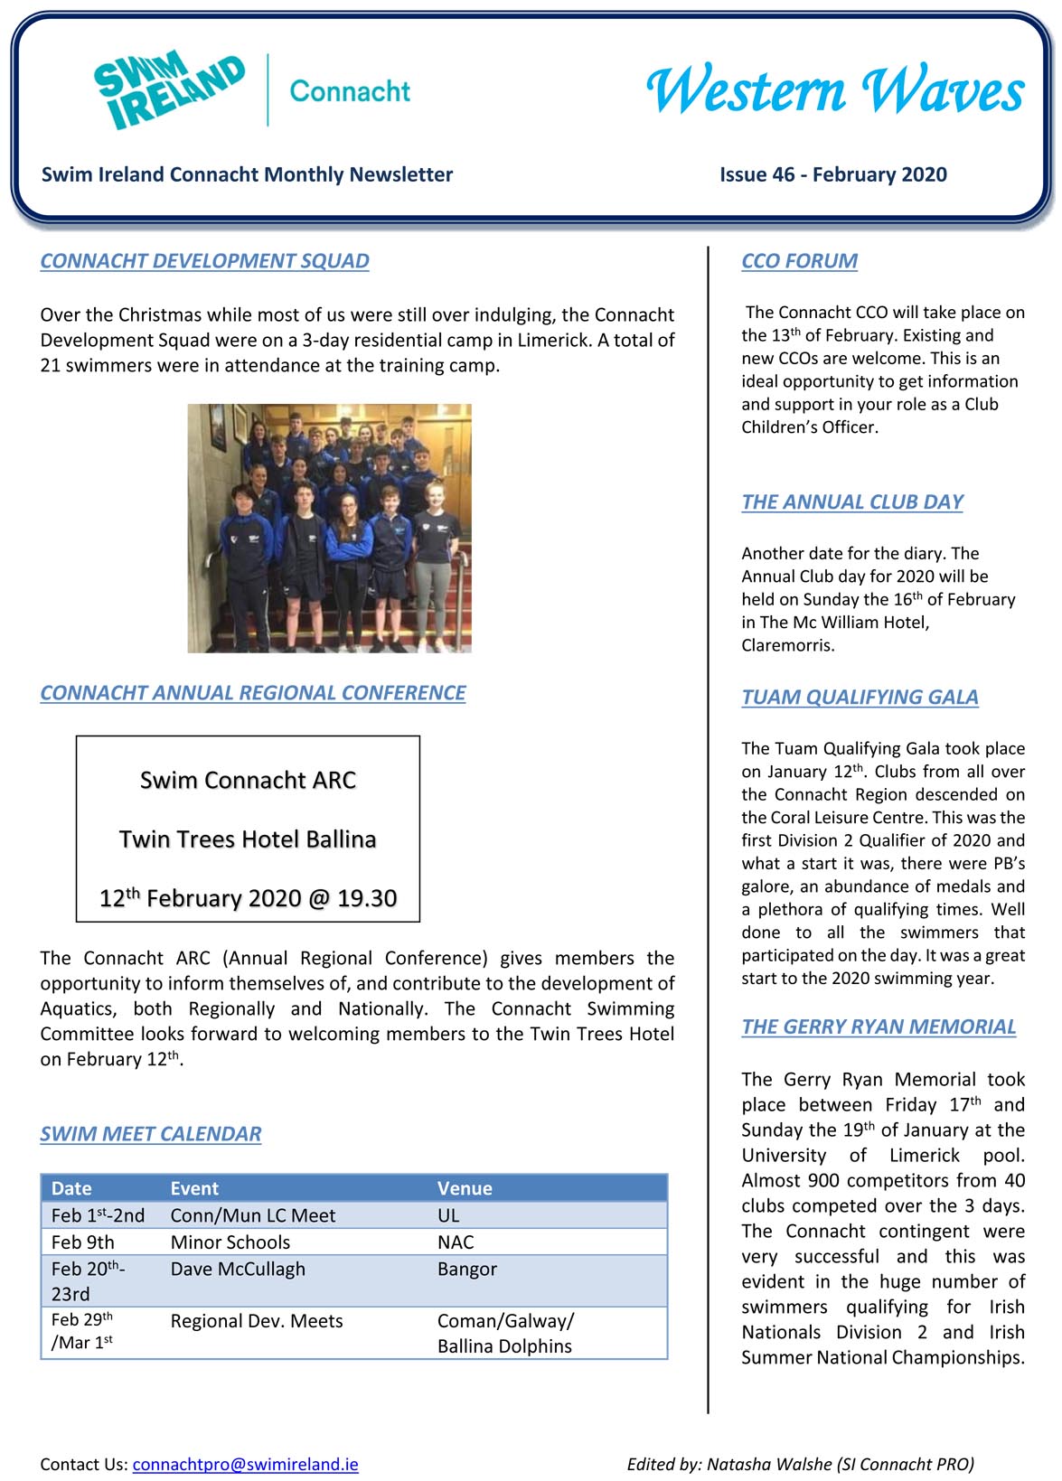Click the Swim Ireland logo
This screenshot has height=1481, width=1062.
(x=169, y=90)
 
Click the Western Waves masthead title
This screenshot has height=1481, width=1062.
(x=834, y=91)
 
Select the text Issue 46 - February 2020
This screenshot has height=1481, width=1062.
(x=832, y=174)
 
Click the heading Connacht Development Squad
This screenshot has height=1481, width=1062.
(x=204, y=261)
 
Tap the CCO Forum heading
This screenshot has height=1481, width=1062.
(x=799, y=261)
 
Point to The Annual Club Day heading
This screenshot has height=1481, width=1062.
(x=851, y=502)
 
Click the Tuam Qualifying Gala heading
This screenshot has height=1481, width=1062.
(x=860, y=698)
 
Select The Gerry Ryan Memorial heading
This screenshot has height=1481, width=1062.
(x=878, y=1027)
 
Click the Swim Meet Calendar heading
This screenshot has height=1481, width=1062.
(x=150, y=1134)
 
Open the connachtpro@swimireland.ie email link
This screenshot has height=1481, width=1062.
(x=245, y=1464)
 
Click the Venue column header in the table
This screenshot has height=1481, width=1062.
(x=465, y=1188)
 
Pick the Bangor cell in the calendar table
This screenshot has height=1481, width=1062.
(x=466, y=1269)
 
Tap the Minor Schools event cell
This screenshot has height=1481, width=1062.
(x=230, y=1242)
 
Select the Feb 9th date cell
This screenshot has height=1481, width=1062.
(x=82, y=1242)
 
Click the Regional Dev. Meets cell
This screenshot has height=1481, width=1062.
(x=257, y=1321)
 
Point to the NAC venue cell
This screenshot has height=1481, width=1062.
(x=456, y=1242)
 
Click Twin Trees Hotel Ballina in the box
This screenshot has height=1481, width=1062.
(x=248, y=839)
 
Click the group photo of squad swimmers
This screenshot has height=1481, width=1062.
(x=329, y=528)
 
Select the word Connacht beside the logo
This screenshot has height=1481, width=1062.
(x=350, y=91)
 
